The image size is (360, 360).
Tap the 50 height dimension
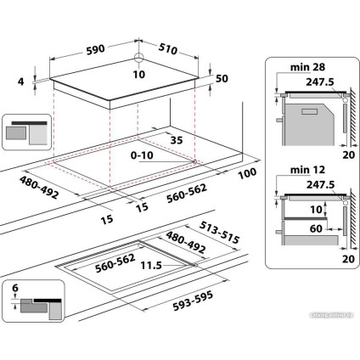(224, 79)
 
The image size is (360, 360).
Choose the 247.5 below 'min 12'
(315, 193)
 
